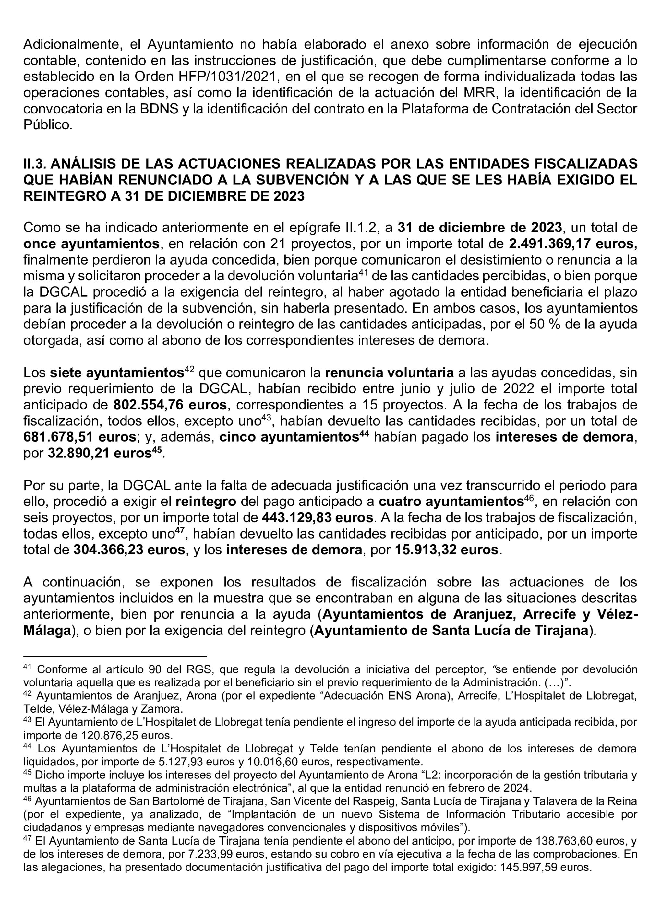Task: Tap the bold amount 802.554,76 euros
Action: pos(170,405)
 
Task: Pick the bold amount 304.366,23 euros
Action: pos(129,550)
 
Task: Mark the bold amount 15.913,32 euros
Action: pos(446,550)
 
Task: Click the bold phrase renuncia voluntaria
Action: pos(389,373)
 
